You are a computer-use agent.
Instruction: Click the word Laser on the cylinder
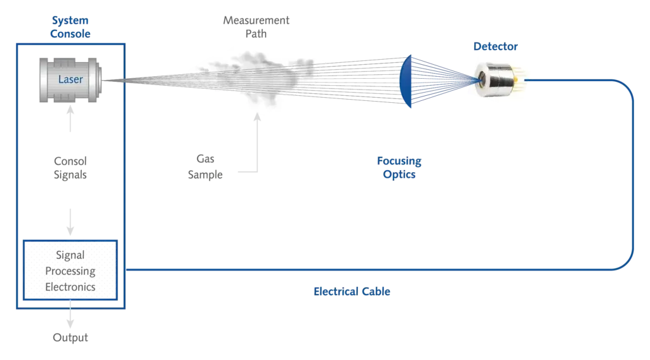click(x=70, y=80)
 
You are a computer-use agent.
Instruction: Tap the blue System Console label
click(x=70, y=27)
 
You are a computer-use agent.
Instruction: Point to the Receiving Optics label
click(x=401, y=168)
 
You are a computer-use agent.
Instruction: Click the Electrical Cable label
click(x=351, y=292)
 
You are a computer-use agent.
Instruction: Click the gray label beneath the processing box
click(x=70, y=337)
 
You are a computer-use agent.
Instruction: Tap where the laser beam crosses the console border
click(x=125, y=80)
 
